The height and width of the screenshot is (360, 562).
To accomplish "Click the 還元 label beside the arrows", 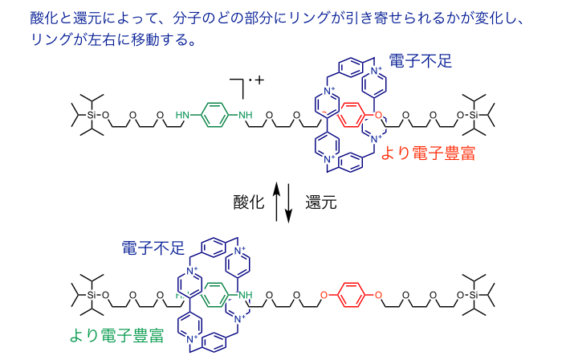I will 320,202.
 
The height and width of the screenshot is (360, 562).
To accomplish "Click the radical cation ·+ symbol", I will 259,81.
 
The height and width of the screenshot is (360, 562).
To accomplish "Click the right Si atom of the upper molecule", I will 474,116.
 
